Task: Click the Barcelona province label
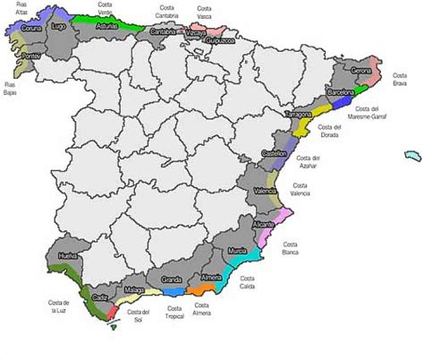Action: pos(341,91)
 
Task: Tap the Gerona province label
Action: pos(361,70)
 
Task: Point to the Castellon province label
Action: pos(274,154)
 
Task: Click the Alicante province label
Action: pos(264,224)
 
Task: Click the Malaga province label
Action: pos(134,291)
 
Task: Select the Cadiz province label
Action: pos(99,296)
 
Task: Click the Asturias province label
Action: pos(106,27)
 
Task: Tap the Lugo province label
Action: pos(61,28)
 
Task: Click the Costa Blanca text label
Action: pos(291,248)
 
